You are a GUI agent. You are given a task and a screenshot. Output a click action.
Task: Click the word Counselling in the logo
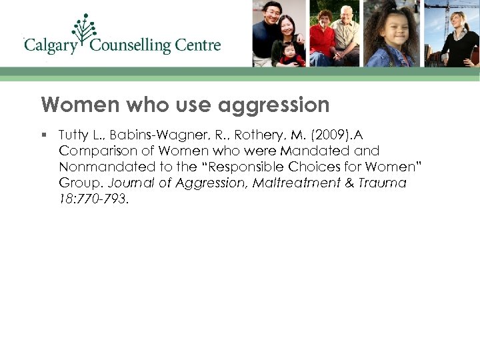click(130, 46)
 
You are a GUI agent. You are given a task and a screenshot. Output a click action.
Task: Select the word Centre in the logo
click(198, 46)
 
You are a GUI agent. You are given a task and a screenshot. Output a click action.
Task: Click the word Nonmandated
click(99, 167)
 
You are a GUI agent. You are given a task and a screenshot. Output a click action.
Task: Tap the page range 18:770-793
click(93, 199)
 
